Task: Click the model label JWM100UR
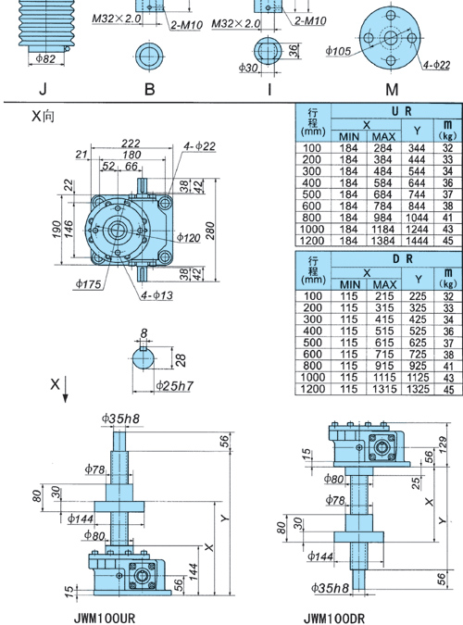(105, 618)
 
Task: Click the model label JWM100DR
(334, 619)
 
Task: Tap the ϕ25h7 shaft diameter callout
(174, 385)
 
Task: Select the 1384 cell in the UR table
(382, 241)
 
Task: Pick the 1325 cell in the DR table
(418, 389)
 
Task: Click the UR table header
(402, 111)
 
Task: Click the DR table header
(402, 259)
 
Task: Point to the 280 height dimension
(210, 231)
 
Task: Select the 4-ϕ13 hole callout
(156, 295)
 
